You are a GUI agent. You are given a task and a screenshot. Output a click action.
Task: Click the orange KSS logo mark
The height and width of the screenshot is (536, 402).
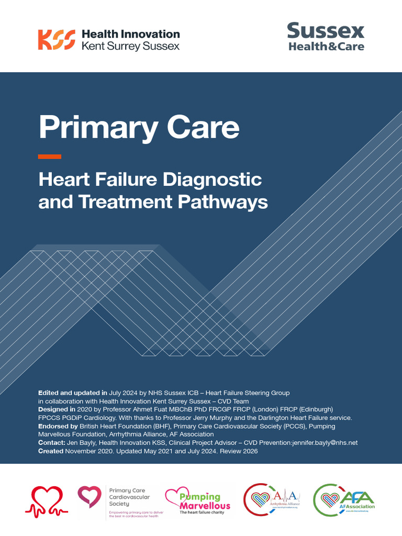pos(57,40)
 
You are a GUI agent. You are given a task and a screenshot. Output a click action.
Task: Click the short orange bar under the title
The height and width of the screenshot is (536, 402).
pos(50,157)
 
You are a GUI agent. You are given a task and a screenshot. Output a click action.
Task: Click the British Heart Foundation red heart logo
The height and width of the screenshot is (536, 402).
pos(47,501)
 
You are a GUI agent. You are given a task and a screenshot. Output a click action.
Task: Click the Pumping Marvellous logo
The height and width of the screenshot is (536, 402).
pos(198,501)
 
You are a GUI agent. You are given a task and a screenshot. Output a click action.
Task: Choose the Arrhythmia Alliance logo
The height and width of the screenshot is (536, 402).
pos(272,501)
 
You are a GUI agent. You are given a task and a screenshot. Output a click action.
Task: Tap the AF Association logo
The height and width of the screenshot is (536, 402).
pos(344,501)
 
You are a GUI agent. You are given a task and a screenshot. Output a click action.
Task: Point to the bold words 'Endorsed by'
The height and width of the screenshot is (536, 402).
pos(58,426)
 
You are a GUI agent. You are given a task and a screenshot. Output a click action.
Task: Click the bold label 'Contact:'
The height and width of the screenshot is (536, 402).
pos(52,442)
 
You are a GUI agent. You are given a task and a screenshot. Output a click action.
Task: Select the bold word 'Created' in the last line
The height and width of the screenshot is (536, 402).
pos(51,451)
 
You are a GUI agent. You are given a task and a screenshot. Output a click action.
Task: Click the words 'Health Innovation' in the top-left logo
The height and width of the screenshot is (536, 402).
pos(130,34)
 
